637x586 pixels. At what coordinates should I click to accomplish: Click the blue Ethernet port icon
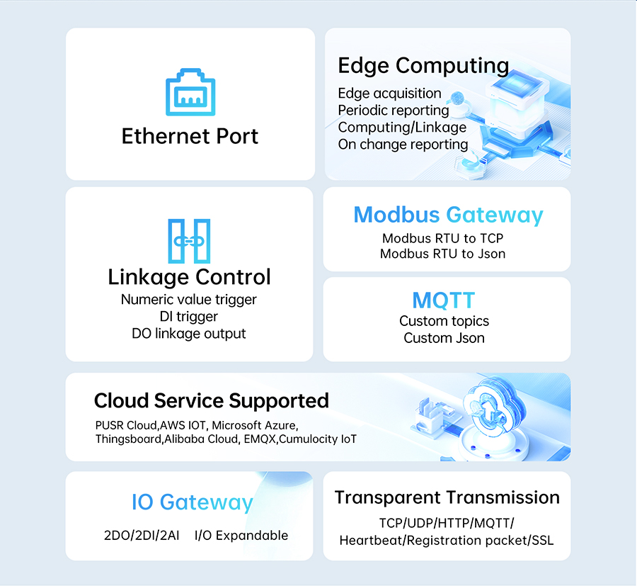point(190,92)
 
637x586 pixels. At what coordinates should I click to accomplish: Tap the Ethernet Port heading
point(190,136)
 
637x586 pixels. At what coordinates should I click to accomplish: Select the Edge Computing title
point(423,65)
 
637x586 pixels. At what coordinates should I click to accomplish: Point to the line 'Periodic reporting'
point(394,111)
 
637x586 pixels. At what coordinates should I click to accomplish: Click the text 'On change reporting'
point(403,145)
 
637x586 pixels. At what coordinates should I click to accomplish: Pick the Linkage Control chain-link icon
point(189,241)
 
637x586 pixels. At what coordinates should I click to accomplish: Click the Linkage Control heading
point(189,277)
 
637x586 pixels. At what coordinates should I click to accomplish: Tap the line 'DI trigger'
point(189,317)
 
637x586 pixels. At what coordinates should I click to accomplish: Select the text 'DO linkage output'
point(189,334)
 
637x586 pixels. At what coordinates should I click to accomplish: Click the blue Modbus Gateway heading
point(448,215)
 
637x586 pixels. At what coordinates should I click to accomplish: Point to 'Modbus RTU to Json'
point(443,254)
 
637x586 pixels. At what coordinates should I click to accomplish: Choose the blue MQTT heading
point(444,300)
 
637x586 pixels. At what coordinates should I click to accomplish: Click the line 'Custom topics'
point(444,321)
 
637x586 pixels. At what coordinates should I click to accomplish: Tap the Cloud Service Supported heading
point(211,401)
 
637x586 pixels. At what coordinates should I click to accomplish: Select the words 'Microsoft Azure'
point(255,425)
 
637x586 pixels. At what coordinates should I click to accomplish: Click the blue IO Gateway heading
point(193,502)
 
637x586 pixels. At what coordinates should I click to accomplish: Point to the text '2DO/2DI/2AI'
point(142,536)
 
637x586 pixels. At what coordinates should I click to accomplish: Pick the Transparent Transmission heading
point(447,497)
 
